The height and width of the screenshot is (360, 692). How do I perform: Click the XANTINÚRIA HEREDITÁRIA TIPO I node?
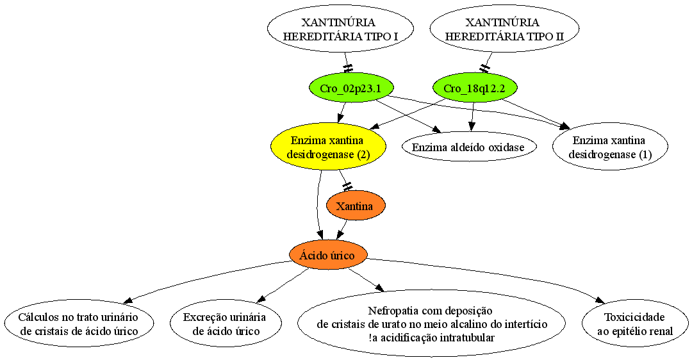[x=340, y=29]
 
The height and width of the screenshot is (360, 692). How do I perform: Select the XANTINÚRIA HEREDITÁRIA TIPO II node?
[x=504, y=29]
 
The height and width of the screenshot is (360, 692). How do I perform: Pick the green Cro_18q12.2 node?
[x=474, y=88]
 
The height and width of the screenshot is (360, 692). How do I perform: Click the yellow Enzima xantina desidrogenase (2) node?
[x=328, y=147]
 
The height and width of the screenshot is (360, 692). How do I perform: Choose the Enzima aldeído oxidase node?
[x=468, y=147]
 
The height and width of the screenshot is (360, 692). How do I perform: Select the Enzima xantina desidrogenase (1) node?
[x=610, y=147]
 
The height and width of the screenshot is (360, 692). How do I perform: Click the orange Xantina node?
[x=355, y=206]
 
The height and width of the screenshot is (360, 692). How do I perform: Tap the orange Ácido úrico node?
[x=327, y=256]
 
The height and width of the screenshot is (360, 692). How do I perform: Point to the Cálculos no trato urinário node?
[x=79, y=324]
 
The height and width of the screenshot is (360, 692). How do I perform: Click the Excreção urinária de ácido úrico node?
[x=226, y=324]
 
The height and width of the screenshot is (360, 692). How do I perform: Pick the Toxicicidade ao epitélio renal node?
[x=634, y=324]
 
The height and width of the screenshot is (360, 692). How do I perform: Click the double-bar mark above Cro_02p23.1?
[x=348, y=68]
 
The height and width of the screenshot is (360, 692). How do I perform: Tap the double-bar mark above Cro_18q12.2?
[x=485, y=68]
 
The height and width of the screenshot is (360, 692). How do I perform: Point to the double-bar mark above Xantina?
[x=347, y=186]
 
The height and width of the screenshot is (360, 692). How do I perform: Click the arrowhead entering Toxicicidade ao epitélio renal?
[x=600, y=300]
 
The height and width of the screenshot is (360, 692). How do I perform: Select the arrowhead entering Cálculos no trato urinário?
[x=128, y=300]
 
